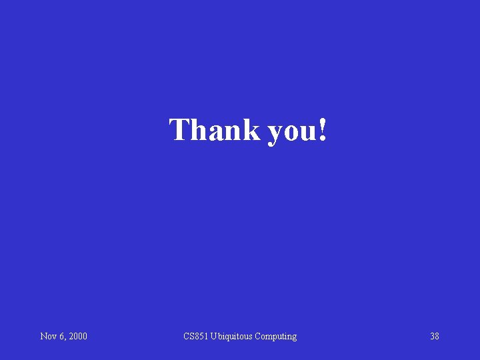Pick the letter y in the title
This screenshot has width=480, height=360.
(x=275, y=133)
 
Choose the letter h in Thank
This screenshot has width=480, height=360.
(x=198, y=129)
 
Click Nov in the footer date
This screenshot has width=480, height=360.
(x=48, y=337)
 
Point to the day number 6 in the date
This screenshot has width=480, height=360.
(x=61, y=337)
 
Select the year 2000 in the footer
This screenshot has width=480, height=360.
(x=77, y=337)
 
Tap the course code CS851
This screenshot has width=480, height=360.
(x=196, y=337)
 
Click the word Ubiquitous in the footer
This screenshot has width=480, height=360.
(x=232, y=337)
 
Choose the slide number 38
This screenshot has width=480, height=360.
(x=435, y=337)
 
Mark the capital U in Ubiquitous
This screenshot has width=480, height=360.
(x=214, y=337)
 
